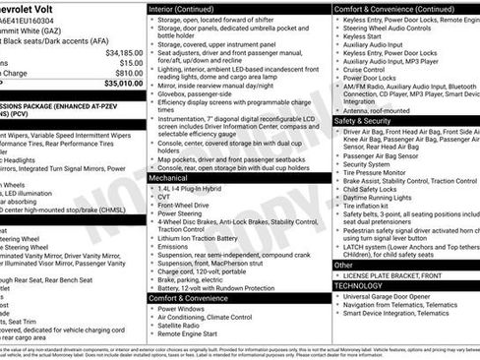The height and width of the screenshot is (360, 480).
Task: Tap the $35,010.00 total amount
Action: click(x=122, y=85)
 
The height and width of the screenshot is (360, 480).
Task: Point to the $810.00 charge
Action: click(x=128, y=73)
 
